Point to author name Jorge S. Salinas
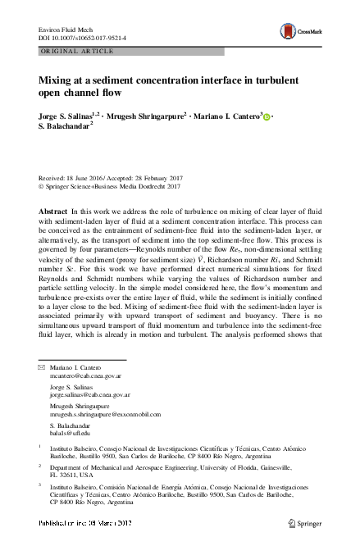(65, 117)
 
